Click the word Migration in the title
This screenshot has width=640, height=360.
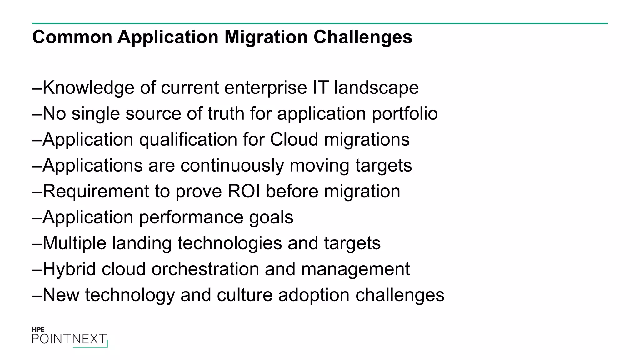coord(266,37)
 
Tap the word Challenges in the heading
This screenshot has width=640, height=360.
coord(363,37)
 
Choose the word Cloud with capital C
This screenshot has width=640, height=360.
coord(294,139)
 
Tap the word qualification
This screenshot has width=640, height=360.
coord(188,140)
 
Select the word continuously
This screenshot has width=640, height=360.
coord(232,166)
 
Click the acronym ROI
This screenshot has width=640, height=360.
coord(244,191)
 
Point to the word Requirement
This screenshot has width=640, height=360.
coord(96,192)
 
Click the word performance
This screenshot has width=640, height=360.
coord(191,217)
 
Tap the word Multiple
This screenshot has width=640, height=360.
coord(74,243)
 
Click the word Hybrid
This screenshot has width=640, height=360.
coord(69,269)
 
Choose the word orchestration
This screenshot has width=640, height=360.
coord(205,269)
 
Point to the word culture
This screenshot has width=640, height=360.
coord(245,295)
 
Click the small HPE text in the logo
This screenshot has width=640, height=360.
coord(38,329)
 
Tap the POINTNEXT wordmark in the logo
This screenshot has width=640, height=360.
coord(69,339)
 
